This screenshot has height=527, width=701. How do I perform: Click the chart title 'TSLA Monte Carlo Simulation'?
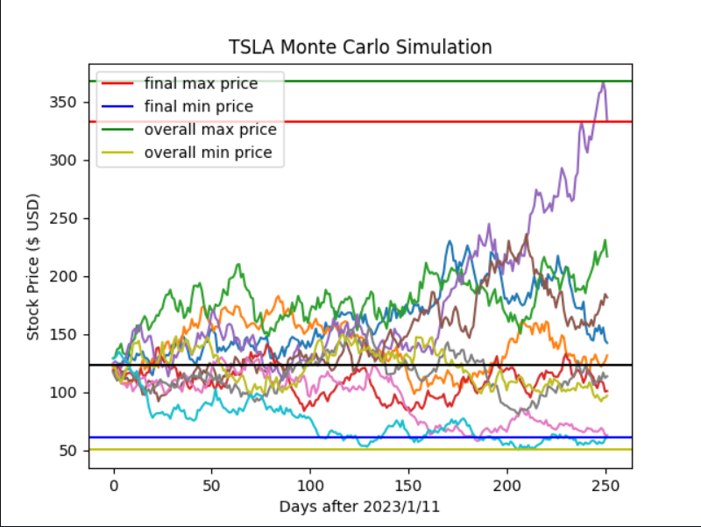click(x=359, y=46)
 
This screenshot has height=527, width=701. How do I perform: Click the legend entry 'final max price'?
click(x=201, y=84)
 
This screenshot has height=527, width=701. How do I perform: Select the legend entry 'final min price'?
click(x=199, y=107)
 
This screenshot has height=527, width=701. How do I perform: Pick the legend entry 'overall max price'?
click(x=210, y=130)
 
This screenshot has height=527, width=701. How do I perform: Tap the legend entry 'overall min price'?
click(x=209, y=153)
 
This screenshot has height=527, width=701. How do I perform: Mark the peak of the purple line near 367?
click(x=604, y=82)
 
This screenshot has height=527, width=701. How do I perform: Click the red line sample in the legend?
click(x=118, y=84)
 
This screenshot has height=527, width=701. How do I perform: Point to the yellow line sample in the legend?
click(x=118, y=153)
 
